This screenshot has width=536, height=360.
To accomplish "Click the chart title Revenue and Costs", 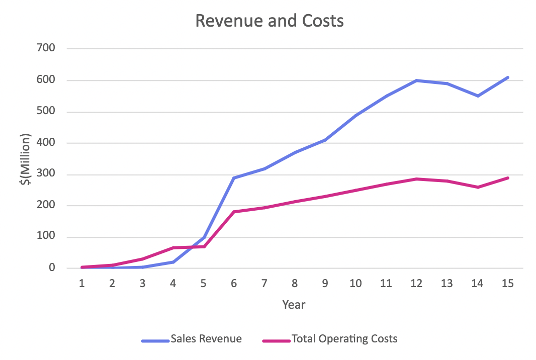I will tap(269, 21).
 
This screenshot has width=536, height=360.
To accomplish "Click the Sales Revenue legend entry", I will tap(206, 339).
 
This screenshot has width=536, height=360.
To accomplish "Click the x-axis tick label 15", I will tap(508, 284).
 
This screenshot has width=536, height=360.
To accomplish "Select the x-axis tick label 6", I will tap(234, 284).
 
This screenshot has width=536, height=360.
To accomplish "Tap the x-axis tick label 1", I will tap(81, 284).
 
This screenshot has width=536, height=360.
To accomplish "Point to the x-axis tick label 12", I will tap(416, 284).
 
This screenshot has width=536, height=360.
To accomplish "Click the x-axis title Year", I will tap(294, 304).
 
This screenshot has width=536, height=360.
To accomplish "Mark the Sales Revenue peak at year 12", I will tap(417, 80).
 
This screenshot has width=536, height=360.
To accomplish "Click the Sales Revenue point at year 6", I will tap(234, 178).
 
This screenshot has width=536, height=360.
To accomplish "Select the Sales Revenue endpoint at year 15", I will tap(508, 77).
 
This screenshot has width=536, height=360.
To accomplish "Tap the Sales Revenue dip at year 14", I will tap(478, 96).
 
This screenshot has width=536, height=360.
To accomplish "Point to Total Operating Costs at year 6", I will tap(234, 212).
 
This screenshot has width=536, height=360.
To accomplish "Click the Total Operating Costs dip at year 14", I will tap(478, 187).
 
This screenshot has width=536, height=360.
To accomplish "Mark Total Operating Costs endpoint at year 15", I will tap(508, 178).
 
